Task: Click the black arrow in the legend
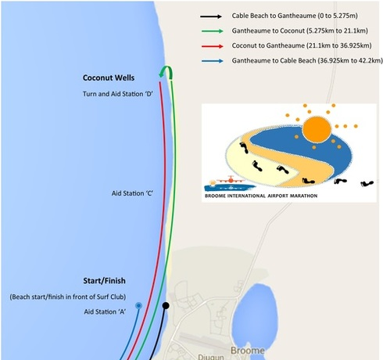(211, 16)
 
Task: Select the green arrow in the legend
(213, 31)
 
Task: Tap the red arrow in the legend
(213, 46)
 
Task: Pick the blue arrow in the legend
(213, 61)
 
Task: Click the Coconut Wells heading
(109, 77)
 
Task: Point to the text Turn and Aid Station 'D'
(117, 94)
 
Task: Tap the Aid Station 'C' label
(132, 193)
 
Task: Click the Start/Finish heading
(104, 281)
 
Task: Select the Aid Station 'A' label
(105, 311)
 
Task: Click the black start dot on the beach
(166, 305)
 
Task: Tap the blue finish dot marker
(139, 305)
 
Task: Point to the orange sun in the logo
(317, 130)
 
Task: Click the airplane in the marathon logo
(231, 180)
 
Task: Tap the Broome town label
(248, 351)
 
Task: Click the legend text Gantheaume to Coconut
(268, 31)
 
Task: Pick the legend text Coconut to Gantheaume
(268, 45)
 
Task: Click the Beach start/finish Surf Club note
(68, 297)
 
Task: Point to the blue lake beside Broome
(255, 313)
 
